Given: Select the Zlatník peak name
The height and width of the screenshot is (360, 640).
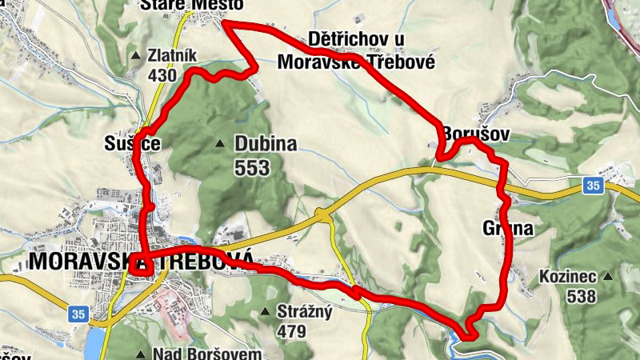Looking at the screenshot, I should pyautogui.click(x=172, y=57).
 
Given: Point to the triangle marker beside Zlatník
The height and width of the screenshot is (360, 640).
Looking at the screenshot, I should pyautogui.click(x=135, y=57).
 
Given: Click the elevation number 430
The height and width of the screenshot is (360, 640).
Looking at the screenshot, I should pyautogui.click(x=162, y=76).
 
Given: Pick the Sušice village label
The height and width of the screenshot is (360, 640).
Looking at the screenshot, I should pyautogui.click(x=134, y=144).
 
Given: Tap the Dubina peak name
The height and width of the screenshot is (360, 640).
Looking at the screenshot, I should pyautogui.click(x=266, y=145).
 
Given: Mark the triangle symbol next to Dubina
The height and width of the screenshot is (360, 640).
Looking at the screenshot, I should pyautogui.click(x=220, y=145).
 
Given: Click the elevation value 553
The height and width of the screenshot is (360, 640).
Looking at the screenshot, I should pyautogui.click(x=252, y=168).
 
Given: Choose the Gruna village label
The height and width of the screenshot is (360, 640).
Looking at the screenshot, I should pyautogui.click(x=508, y=230).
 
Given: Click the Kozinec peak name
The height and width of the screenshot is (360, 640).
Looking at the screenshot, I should pyautogui.click(x=568, y=278).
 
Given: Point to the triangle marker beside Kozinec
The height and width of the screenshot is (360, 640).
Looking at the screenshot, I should pyautogui.click(x=609, y=278).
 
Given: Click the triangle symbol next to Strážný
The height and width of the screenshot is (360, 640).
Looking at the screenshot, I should pyautogui.click(x=266, y=310).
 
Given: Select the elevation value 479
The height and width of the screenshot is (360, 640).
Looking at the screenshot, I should pyautogui.click(x=293, y=330).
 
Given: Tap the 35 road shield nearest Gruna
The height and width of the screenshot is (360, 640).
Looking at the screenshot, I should pyautogui.click(x=592, y=186).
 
